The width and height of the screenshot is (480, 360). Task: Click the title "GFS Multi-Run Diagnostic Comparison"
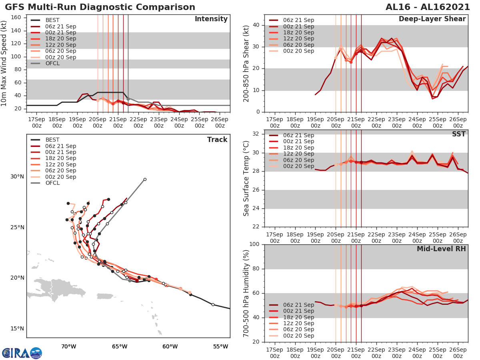100,7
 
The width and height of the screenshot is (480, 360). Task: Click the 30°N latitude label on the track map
17,177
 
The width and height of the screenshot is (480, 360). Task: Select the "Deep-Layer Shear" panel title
432,19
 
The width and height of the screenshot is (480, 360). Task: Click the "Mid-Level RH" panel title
441,249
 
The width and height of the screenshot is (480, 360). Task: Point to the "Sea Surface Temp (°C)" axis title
246,178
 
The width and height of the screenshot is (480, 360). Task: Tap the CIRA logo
22,353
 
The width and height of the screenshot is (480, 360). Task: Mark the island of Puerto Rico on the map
105,296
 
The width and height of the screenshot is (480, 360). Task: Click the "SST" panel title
459,134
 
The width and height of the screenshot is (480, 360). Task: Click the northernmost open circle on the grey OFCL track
145,179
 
